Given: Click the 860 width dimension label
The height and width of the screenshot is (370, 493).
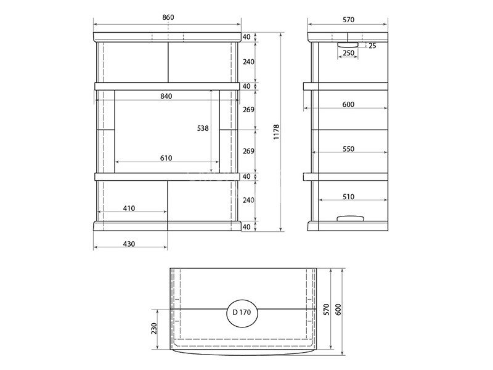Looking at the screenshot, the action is point(168,17).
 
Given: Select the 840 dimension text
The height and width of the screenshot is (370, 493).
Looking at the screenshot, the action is point(166,96).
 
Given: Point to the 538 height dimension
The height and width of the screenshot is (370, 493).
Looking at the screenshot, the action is point(203,128).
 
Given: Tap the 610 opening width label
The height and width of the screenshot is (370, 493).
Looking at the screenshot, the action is point(166,158).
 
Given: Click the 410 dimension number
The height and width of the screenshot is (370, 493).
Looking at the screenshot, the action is point(129,208).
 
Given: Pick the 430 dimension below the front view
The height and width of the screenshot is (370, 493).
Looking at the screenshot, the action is point(129,244).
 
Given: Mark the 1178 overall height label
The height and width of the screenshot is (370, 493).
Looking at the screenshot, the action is point(276,132).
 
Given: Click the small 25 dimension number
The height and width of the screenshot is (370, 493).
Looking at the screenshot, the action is point(372,46).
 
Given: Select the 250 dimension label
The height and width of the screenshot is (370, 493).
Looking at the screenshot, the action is point(348,53).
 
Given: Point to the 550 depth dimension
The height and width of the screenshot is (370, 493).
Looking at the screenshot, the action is point(348,149).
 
